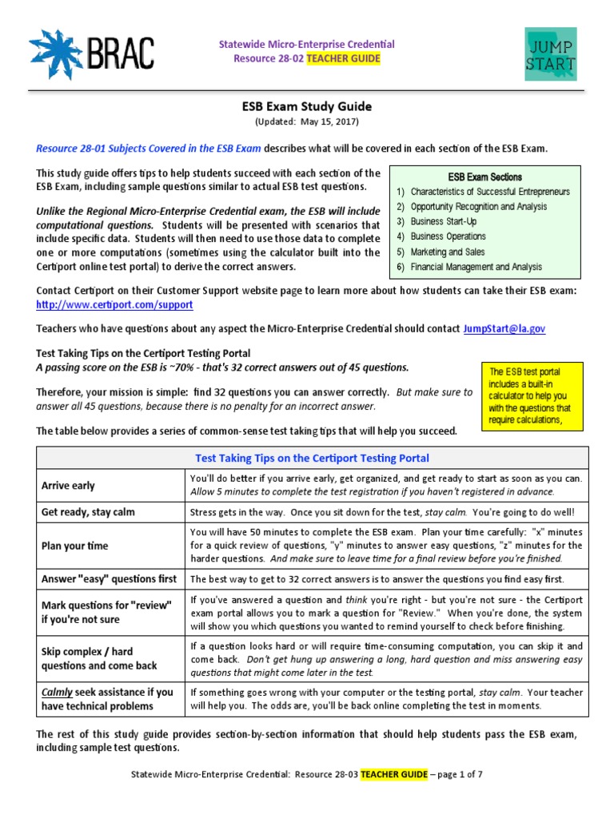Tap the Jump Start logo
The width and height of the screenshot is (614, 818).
pos(551,54)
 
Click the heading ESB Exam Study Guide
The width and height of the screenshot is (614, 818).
pos(307,106)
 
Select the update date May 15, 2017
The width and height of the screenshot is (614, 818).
pos(328,121)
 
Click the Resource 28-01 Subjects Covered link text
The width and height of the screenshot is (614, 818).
pos(149,149)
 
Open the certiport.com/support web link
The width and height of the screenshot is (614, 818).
pos(114,305)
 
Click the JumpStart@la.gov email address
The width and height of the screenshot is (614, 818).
pos(505,328)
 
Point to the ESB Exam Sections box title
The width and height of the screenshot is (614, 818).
pos(484,177)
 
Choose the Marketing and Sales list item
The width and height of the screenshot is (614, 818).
pos(448,252)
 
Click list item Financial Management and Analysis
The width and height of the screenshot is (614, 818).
pos(476,267)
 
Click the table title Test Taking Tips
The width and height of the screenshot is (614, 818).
pos(312,459)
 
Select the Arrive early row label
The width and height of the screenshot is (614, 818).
pos(68,485)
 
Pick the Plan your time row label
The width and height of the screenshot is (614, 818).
pos(74,546)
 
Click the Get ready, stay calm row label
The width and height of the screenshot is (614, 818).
pos(88,512)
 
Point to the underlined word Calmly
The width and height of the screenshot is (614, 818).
pos(57,692)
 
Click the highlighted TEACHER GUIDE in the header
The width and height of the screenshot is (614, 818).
pos(346,58)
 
